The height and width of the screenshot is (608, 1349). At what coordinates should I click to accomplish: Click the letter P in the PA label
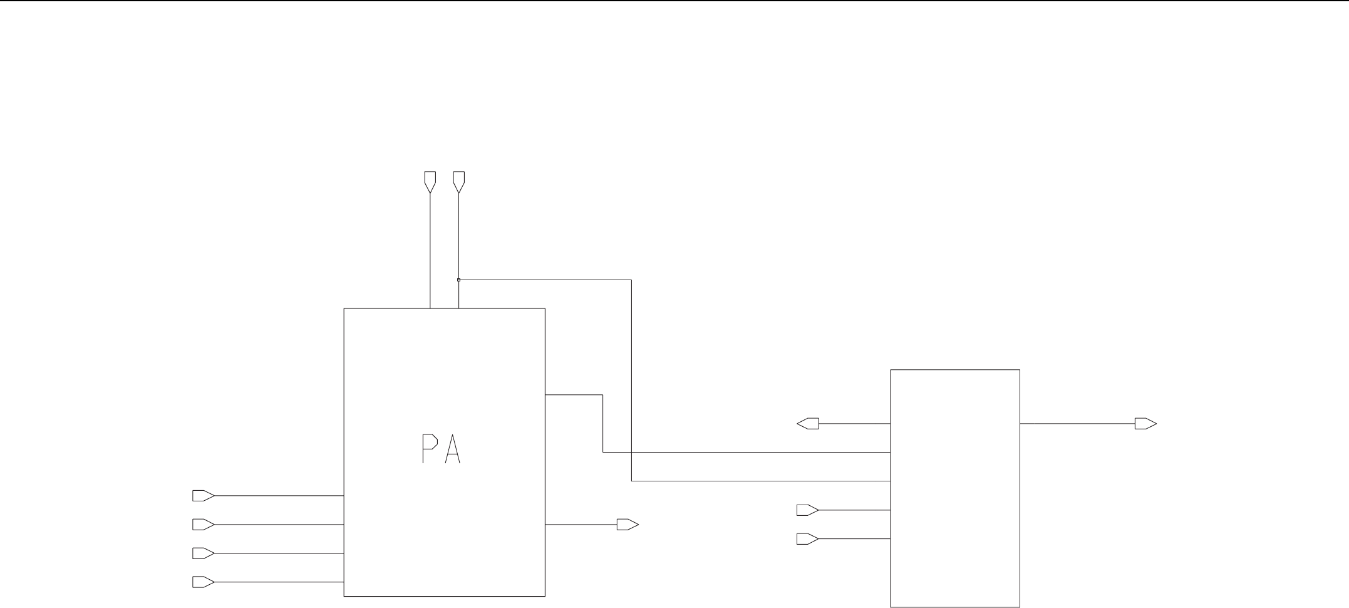[428, 449]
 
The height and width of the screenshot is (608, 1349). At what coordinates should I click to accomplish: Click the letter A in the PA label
[452, 449]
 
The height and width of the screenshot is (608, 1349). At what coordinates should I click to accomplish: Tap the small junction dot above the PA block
[458, 280]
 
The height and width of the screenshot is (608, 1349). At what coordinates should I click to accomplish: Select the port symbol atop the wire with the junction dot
[458, 181]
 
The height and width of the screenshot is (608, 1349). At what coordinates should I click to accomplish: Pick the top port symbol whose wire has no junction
[430, 181]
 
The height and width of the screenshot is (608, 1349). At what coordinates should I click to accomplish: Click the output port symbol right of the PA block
[627, 525]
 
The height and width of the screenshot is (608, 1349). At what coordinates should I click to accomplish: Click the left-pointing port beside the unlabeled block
[808, 424]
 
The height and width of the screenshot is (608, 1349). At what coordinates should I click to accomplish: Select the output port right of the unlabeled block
[1145, 424]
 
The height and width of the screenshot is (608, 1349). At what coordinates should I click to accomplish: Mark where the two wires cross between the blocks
[631, 452]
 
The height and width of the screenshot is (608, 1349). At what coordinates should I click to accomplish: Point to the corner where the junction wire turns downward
[631, 280]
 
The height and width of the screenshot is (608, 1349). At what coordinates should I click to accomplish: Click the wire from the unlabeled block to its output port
[1077, 424]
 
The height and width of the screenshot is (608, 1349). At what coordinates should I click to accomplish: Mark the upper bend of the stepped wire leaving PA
[602, 395]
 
